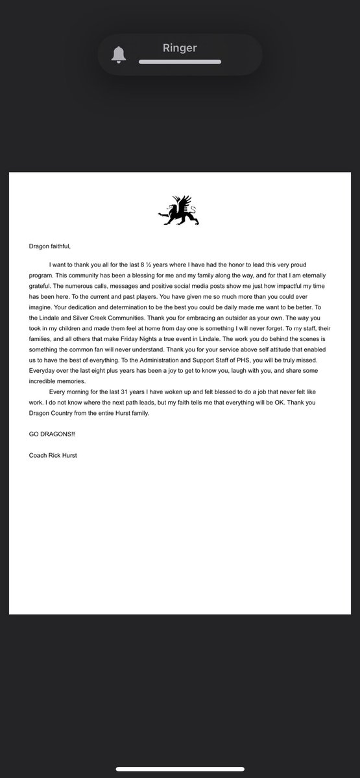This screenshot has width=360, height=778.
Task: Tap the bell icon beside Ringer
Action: [x=118, y=55]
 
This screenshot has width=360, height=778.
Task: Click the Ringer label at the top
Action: [x=180, y=47]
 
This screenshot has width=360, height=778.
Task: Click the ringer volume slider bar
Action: [x=180, y=62]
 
